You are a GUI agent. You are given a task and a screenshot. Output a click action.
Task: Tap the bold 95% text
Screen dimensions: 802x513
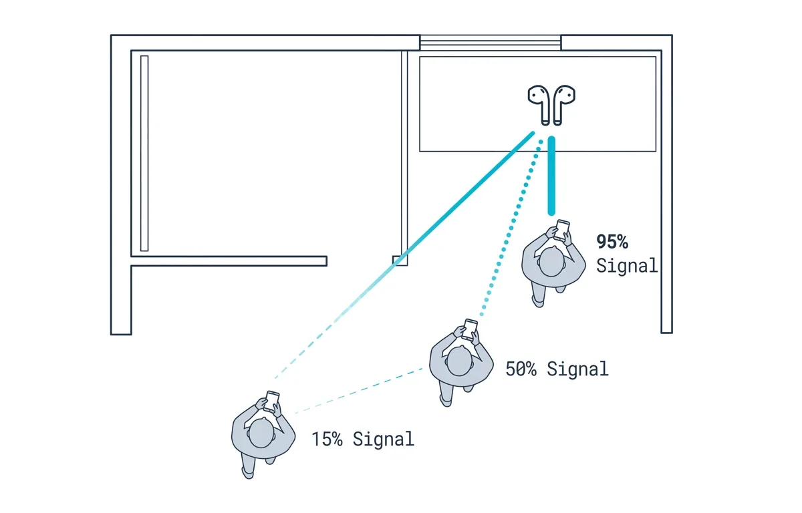tap(612, 242)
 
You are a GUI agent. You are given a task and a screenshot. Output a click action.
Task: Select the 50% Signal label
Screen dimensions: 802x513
tap(557, 369)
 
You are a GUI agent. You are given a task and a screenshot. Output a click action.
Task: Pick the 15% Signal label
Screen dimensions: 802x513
tap(363, 439)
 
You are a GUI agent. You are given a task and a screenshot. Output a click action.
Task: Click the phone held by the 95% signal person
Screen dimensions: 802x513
tap(561, 230)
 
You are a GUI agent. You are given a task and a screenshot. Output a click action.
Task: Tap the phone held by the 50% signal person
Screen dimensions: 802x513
tap(469, 329)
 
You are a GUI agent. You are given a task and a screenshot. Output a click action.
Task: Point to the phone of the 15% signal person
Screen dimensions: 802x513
tap(271, 401)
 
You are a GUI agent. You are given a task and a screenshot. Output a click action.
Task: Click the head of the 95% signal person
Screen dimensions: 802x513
tap(552, 263)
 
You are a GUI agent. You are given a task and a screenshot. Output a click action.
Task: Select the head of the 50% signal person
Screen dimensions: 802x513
tap(459, 361)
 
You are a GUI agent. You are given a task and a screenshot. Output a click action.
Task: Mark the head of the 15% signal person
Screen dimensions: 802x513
tap(261, 434)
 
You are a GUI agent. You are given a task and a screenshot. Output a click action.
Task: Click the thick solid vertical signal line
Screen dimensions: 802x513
tap(552, 176)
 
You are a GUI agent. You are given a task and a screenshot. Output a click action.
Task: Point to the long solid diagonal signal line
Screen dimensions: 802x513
tap(404, 255)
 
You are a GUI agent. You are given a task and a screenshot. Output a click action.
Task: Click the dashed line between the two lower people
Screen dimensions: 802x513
tap(359, 391)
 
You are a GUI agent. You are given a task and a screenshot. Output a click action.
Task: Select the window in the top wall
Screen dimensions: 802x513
tap(491, 43)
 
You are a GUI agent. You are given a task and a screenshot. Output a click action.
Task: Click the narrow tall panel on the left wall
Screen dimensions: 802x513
tap(144, 154)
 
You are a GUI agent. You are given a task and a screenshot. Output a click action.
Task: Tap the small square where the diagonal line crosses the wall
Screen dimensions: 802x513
tap(400, 261)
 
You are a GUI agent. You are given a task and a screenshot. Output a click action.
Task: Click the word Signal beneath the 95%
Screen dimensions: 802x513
tap(627, 265)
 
